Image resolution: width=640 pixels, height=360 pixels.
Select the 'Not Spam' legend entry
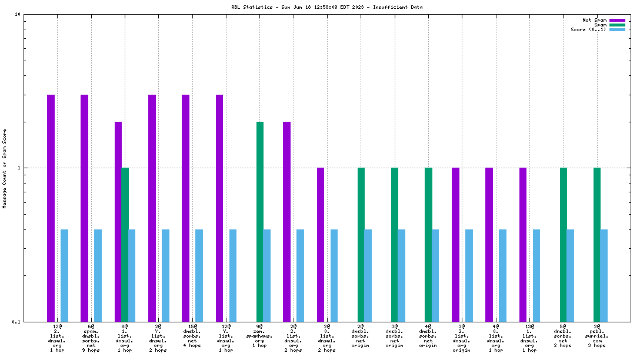click(594, 20)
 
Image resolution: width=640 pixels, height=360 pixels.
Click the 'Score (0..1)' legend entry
click(588, 29)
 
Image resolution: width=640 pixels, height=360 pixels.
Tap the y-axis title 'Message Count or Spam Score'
click(5, 168)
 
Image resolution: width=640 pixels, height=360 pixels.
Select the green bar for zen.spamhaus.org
click(260, 221)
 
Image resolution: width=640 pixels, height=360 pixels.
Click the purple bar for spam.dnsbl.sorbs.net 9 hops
click(85, 208)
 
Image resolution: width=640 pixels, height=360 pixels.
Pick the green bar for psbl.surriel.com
click(597, 244)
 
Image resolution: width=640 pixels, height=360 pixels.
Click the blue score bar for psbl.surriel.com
click(604, 275)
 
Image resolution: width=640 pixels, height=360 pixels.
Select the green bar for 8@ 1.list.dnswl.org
click(125, 244)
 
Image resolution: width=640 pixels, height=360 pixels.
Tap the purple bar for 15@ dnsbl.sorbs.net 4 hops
click(186, 208)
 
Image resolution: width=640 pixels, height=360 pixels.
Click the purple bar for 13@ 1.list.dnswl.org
click(523, 244)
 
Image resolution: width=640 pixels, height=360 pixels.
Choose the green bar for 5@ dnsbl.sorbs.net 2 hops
click(564, 244)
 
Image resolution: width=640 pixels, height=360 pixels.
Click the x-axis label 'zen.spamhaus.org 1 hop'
click(259, 335)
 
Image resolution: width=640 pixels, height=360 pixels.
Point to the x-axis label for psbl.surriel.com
click(597, 335)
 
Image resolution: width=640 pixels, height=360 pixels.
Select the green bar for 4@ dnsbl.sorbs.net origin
click(428, 244)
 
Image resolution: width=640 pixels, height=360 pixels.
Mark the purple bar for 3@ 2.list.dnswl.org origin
click(455, 244)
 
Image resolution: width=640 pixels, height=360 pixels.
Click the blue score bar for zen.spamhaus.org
click(267, 275)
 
